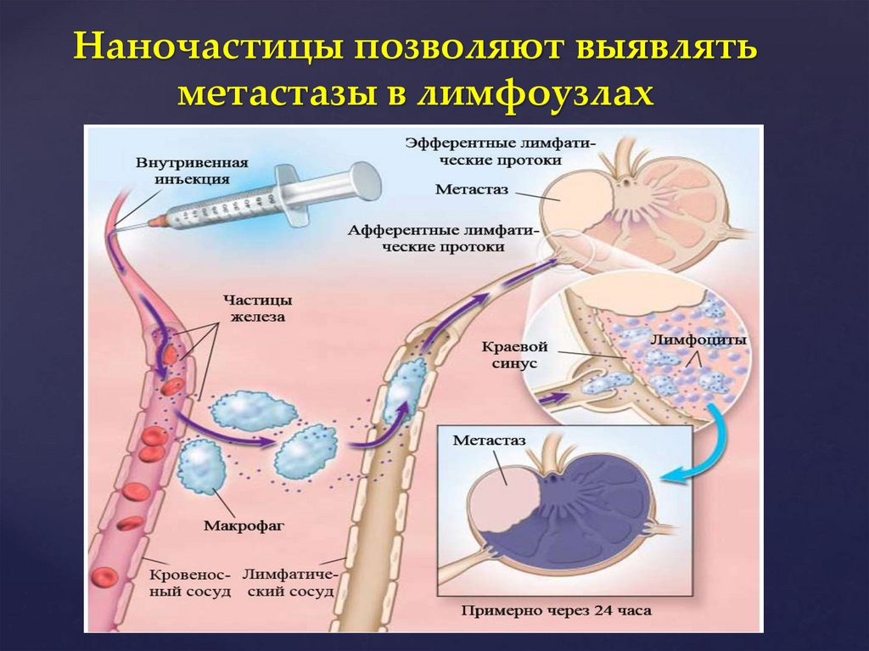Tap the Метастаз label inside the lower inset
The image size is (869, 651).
pos(490,441)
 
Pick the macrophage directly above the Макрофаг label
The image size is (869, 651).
pos(201,467)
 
